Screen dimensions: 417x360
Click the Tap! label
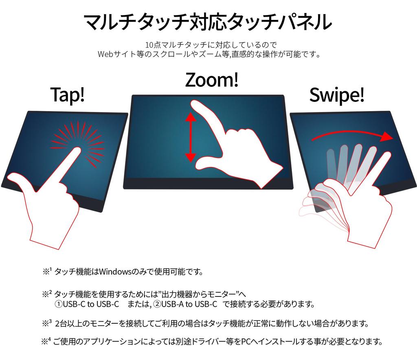[x=68, y=94]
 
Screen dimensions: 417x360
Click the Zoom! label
[x=212, y=80]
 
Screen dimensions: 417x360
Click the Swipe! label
[x=337, y=95]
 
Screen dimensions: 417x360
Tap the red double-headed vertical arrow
[x=191, y=137]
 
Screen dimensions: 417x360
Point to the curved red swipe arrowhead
[x=387, y=136]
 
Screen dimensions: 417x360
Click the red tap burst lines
[x=77, y=144]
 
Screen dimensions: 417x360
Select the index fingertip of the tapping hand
[x=77, y=151]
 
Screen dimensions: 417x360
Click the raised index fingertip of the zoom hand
[x=196, y=105]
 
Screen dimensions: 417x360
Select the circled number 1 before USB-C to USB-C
[x=59, y=304]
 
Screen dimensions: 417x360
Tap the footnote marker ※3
[x=47, y=323]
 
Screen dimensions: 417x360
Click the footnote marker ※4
[x=46, y=341]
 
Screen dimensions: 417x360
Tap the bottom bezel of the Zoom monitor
[x=208, y=183]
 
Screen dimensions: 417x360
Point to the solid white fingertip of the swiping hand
[x=386, y=155]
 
